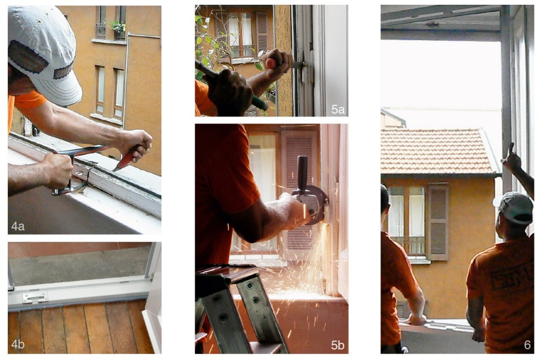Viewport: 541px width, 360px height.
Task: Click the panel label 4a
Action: click(18, 226)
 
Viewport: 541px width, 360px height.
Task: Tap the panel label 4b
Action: click(18, 344)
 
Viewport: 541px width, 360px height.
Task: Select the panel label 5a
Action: click(338, 109)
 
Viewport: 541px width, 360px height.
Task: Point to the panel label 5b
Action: click(338, 345)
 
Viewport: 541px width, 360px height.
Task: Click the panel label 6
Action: click(527, 345)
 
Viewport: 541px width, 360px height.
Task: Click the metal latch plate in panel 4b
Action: click(35, 297)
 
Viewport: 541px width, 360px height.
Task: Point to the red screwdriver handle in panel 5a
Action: click(271, 63)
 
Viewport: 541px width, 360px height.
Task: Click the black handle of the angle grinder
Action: click(302, 172)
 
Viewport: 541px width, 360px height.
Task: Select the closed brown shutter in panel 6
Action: click(438, 222)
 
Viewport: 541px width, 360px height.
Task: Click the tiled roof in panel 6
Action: click(437, 151)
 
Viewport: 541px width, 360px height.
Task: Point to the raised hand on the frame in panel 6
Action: click(511, 157)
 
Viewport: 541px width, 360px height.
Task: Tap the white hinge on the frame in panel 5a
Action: click(306, 72)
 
